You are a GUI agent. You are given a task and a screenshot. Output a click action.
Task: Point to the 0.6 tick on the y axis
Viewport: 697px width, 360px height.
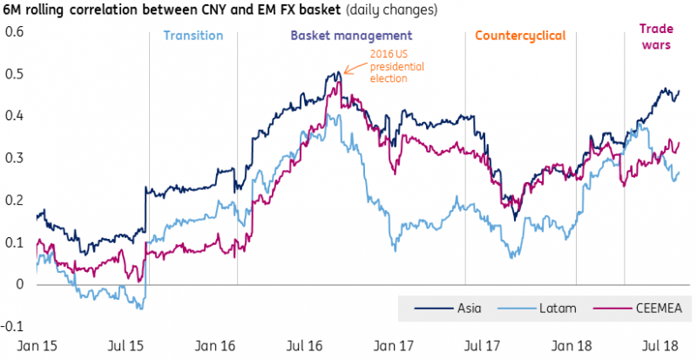(16, 32)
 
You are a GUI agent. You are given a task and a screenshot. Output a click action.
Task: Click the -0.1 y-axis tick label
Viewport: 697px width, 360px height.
(14, 326)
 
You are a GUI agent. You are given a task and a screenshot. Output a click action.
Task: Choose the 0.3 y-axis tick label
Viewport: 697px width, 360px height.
(16, 158)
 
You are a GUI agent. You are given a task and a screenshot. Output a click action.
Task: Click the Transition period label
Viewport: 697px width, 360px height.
(193, 37)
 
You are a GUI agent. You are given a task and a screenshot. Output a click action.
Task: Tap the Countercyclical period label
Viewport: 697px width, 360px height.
(520, 37)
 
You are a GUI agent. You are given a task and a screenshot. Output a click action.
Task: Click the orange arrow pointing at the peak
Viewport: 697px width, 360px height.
(348, 70)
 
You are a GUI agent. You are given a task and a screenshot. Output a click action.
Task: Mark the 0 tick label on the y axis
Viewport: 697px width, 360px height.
(21, 284)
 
